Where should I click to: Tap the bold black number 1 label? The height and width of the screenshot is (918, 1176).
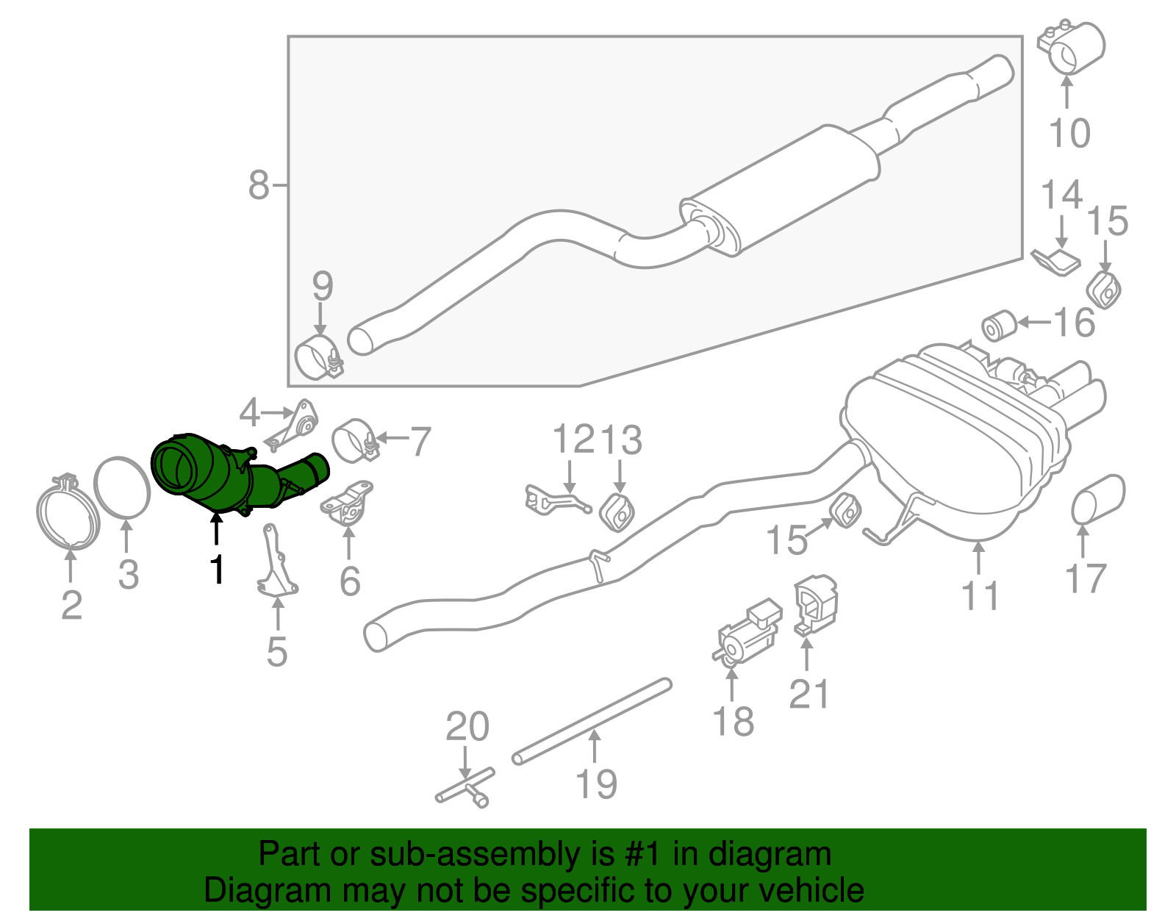click(216, 569)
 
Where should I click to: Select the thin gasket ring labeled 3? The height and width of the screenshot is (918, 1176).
click(122, 487)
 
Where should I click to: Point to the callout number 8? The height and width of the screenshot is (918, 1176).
click(259, 185)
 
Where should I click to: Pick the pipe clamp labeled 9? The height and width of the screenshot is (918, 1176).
click(318, 357)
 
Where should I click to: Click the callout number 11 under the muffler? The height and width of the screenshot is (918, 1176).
click(980, 595)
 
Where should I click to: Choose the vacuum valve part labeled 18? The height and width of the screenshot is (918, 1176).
click(748, 633)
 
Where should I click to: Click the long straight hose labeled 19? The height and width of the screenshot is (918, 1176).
click(592, 721)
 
